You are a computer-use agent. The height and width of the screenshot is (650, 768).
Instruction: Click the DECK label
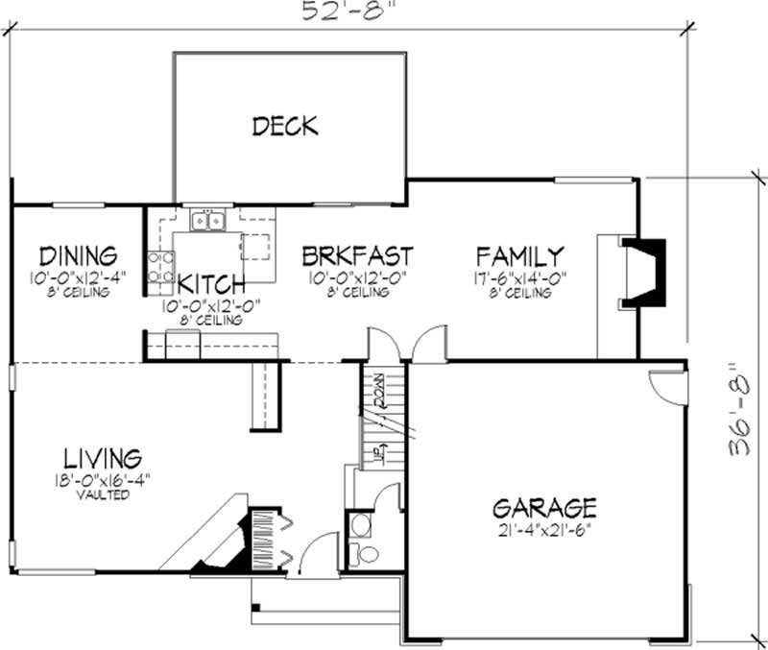point(285,126)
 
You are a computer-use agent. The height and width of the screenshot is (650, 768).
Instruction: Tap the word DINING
point(78,256)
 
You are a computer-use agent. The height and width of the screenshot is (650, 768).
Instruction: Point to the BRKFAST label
point(357,256)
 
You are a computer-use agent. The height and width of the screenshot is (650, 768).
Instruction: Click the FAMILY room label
point(519,256)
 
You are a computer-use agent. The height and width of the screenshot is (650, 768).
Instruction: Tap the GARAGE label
point(544,506)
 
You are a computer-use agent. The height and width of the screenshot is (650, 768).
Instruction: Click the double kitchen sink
point(208,222)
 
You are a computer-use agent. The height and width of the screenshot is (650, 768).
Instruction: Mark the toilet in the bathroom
point(365,554)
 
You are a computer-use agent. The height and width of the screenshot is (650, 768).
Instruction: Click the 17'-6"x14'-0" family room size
point(519,279)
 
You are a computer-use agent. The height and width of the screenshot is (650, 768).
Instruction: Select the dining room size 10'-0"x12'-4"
point(78,279)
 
